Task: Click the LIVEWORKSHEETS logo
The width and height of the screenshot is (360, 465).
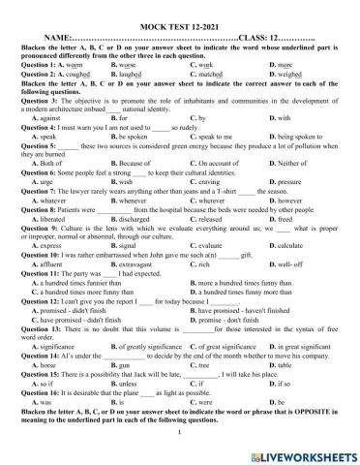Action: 308,450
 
